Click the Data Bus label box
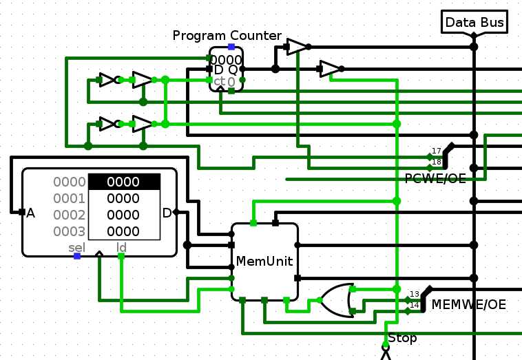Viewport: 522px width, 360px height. pyautogui.click(x=474, y=22)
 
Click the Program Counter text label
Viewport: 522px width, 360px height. pyautogui.click(x=227, y=36)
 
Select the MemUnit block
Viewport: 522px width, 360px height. pyautogui.click(x=264, y=262)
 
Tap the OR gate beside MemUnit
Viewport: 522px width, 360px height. pyautogui.click(x=337, y=300)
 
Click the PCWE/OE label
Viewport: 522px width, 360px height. pyautogui.click(x=435, y=179)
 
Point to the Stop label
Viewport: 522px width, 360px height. pyautogui.click(x=402, y=338)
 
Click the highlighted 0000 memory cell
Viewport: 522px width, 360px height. pyautogui.click(x=124, y=182)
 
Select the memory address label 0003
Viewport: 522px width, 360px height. pyautogui.click(x=70, y=231)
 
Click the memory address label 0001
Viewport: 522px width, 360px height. pyautogui.click(x=70, y=198)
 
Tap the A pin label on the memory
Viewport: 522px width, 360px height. pyautogui.click(x=30, y=213)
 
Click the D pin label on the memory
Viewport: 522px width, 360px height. pyautogui.click(x=167, y=213)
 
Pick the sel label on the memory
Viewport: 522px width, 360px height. pyautogui.click(x=76, y=246)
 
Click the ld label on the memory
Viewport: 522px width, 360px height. pyautogui.click(x=121, y=246)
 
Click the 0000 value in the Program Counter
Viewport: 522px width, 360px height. pyautogui.click(x=227, y=60)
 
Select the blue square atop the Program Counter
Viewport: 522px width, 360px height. pyautogui.click(x=231, y=47)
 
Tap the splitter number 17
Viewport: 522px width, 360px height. pyautogui.click(x=437, y=151)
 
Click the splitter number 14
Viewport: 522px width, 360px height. pyautogui.click(x=415, y=305)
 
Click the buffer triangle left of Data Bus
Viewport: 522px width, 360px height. pyautogui.click(x=297, y=47)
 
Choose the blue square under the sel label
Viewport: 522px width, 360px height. pyautogui.click(x=77, y=256)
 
